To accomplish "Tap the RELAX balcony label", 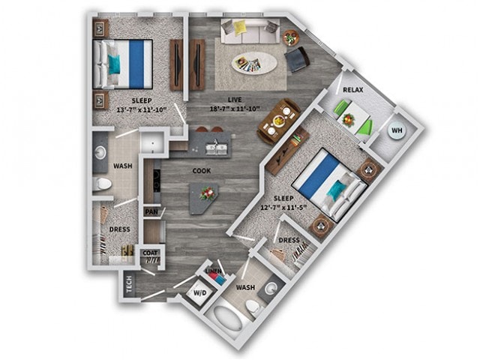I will (354, 90).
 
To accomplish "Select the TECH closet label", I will (130, 283).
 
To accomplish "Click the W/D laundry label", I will (199, 292).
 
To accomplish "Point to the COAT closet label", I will (150, 253).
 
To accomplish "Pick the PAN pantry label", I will (151, 212).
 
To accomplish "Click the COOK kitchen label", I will (201, 171).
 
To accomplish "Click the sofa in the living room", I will (247, 31).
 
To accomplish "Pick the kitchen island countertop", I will (204, 196).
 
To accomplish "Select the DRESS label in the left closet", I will (120, 229).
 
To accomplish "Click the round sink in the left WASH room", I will (100, 153).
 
